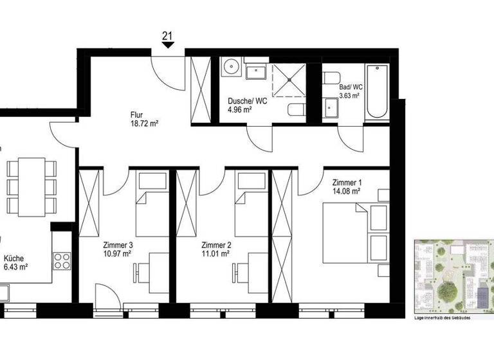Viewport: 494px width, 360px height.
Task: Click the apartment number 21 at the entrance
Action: coord(167,36)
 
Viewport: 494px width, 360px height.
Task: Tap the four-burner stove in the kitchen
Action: coord(62,261)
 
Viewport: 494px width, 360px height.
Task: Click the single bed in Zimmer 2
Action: coord(251,204)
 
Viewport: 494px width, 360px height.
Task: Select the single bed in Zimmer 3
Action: coord(152,204)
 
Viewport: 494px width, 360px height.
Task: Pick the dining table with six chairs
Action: coord(31,186)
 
